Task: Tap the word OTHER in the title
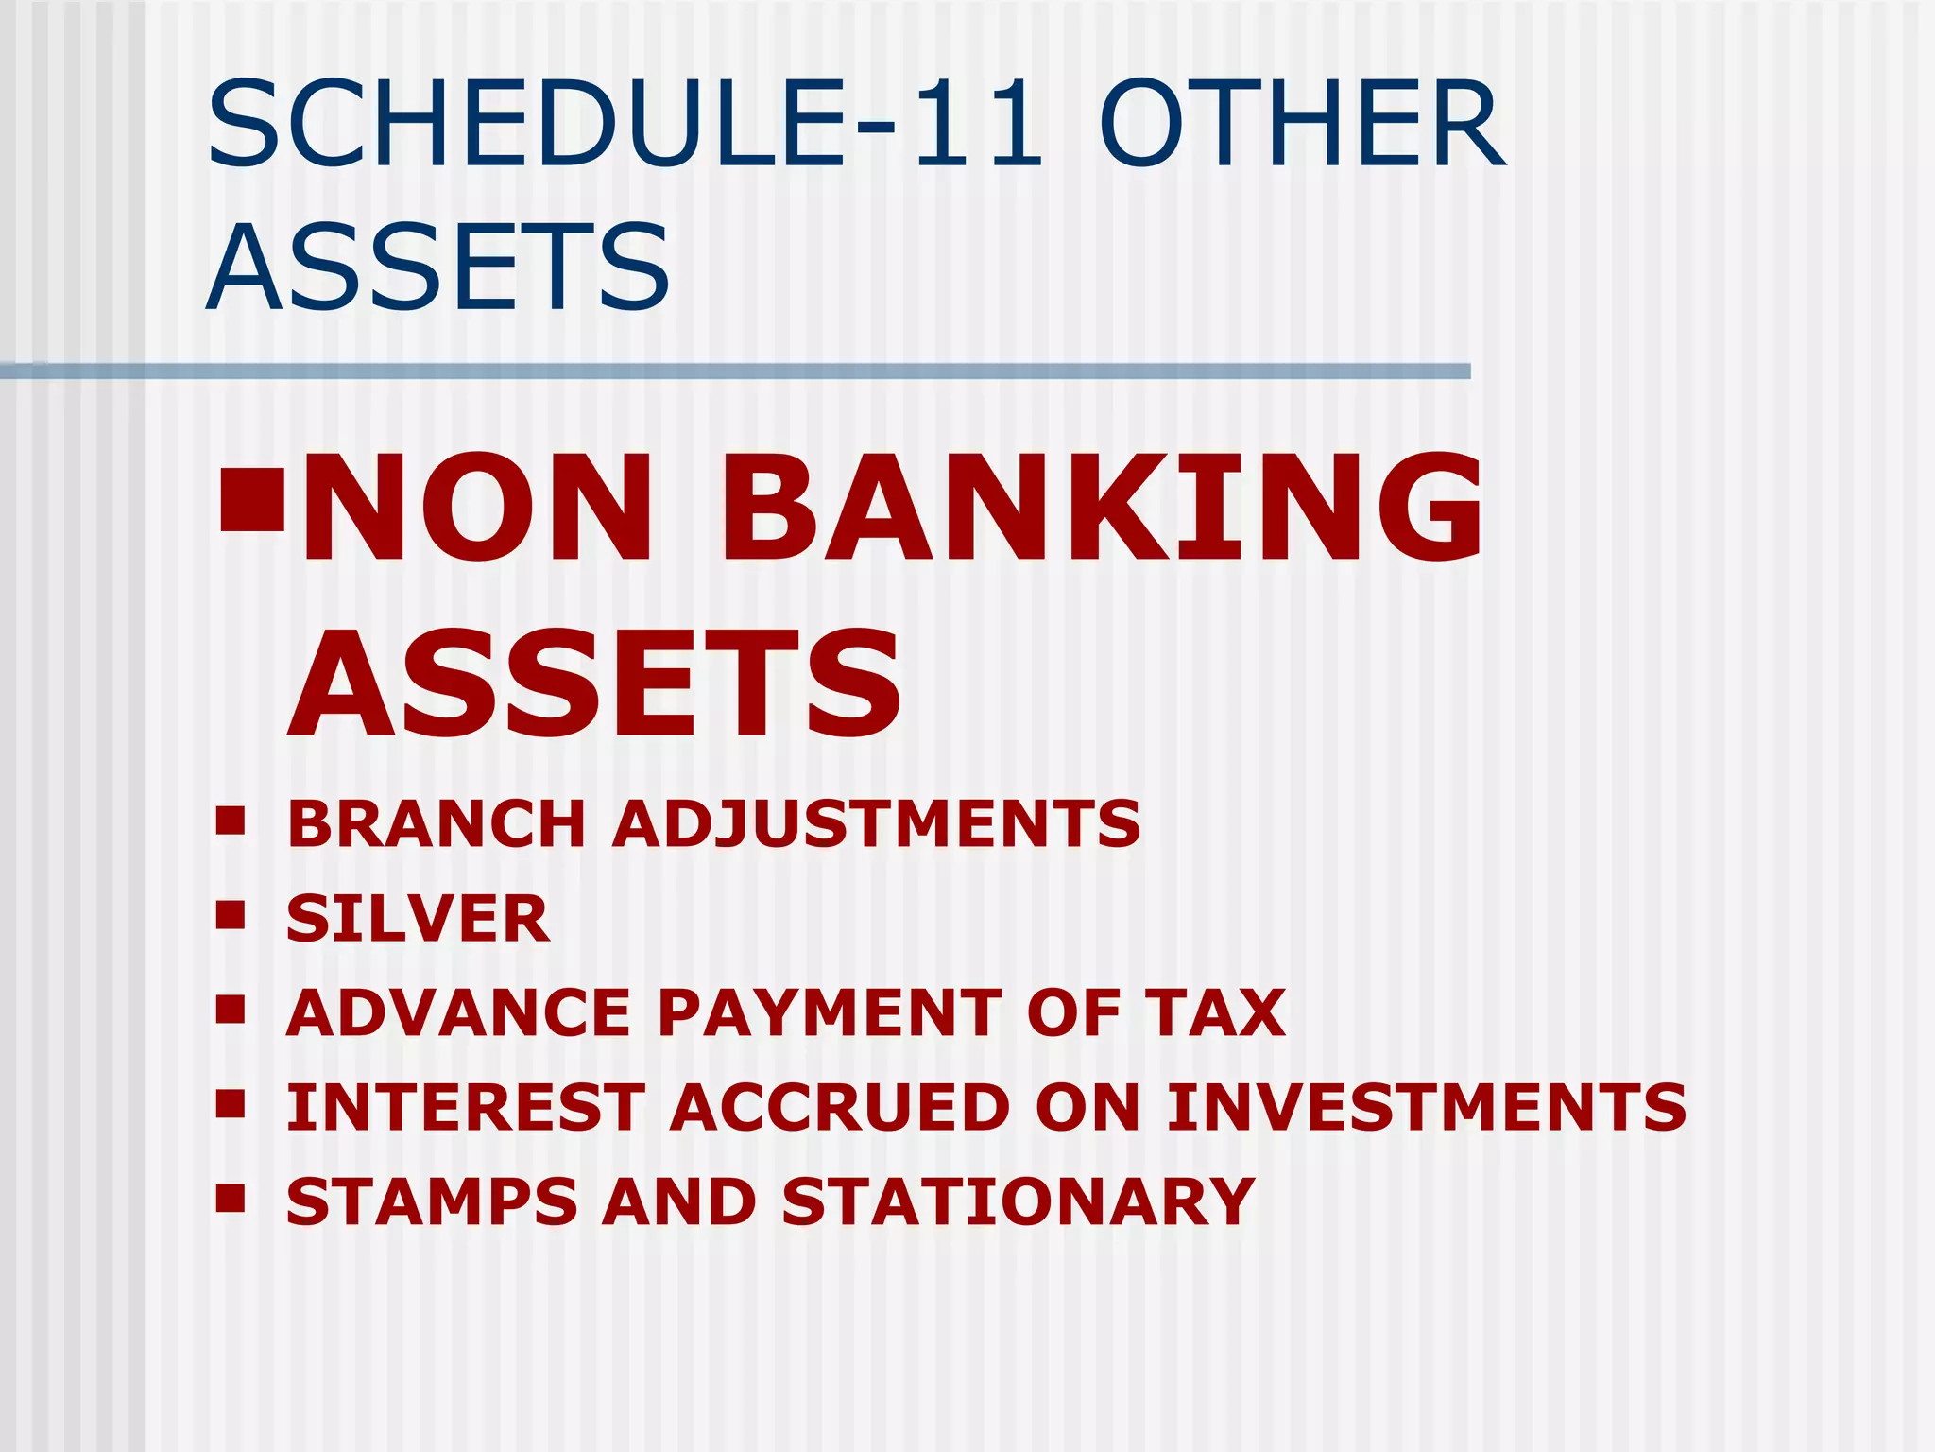(x=1301, y=124)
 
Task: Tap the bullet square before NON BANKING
(x=251, y=500)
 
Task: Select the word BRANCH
(x=437, y=823)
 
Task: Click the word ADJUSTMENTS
(x=877, y=823)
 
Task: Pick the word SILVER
(x=418, y=918)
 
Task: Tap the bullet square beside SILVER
(x=231, y=914)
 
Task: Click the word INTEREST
(x=467, y=1107)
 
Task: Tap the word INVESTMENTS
(x=1427, y=1107)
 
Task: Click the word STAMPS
(x=432, y=1201)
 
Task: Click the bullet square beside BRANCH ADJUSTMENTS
(x=231, y=820)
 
